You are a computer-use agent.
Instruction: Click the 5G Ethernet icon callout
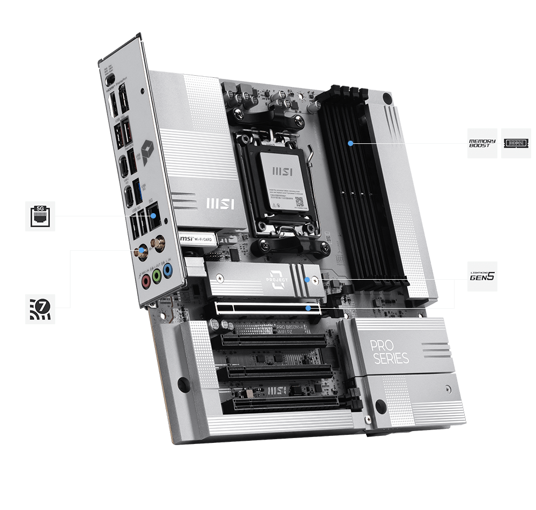pos(40,216)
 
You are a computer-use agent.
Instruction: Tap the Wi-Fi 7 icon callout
pos(40,308)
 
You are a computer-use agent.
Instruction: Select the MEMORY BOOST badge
pos(482,143)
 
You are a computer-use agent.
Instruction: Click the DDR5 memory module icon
pos(516,143)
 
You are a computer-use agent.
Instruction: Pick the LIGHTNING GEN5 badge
pos(482,277)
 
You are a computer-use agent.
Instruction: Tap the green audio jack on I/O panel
pos(157,275)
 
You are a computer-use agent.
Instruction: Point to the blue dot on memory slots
pos(350,143)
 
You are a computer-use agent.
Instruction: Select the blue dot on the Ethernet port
pos(154,216)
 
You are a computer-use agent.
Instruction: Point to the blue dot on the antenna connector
pos(143,250)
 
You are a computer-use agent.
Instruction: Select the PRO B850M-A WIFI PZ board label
pos(290,329)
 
